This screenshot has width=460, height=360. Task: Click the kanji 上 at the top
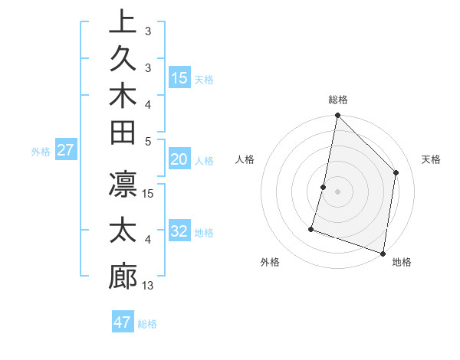[123, 21]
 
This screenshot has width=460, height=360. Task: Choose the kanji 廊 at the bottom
[123, 276]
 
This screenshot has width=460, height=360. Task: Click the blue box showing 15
[179, 78]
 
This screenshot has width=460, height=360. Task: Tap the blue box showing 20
[179, 159]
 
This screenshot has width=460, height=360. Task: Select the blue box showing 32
[179, 232]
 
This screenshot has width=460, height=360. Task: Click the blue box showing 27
[67, 150]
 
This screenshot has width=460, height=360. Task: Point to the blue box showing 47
[123, 322]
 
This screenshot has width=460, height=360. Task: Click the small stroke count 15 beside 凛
[148, 194]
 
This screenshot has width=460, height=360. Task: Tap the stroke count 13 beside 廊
[148, 286]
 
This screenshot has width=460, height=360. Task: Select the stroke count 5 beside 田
[148, 141]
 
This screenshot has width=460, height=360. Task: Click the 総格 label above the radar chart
[337, 100]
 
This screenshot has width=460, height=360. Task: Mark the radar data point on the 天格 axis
[396, 172]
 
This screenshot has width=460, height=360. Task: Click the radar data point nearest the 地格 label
[383, 253]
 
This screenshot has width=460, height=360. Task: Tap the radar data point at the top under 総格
[337, 116]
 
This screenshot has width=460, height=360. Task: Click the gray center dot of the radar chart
[337, 191]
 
